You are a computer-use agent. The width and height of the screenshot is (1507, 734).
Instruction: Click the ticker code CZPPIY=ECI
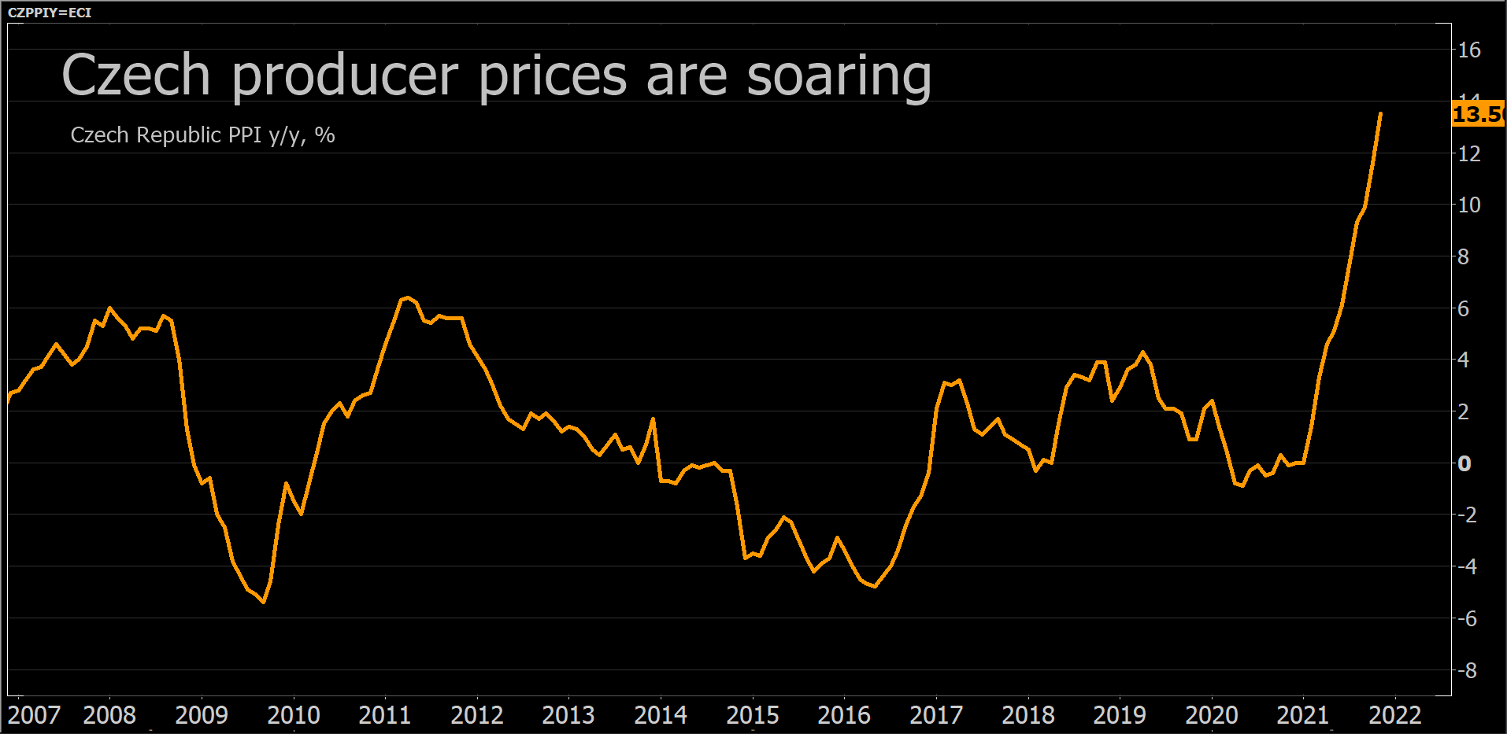point(49,13)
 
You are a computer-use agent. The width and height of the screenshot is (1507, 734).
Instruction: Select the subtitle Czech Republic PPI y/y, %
point(202,135)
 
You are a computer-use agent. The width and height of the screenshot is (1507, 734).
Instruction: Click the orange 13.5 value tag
point(1476,115)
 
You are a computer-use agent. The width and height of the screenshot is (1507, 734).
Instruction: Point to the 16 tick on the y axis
point(1468,50)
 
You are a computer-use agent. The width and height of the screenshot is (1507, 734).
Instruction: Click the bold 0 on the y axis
point(1464,463)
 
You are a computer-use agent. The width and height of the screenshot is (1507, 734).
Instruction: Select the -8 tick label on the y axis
point(1466,671)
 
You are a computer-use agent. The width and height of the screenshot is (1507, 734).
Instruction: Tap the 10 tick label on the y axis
point(1468,205)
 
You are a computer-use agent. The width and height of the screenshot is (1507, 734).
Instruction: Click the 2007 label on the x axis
point(34,715)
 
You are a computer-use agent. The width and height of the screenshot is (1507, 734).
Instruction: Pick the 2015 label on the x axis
point(752,715)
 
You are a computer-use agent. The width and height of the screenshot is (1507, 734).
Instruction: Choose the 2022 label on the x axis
point(1394,715)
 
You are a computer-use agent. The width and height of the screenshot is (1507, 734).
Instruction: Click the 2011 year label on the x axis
point(384,715)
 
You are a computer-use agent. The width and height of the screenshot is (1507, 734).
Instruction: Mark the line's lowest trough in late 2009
point(264,602)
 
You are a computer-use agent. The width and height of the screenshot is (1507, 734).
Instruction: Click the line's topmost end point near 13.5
point(1380,114)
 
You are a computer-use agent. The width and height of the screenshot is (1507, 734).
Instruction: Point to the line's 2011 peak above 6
point(406,297)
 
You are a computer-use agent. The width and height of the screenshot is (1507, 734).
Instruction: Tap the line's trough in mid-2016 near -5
point(875,586)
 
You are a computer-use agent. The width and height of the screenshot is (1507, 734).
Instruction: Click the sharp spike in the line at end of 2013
point(653,419)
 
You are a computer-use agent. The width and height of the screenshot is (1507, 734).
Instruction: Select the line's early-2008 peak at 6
point(109,308)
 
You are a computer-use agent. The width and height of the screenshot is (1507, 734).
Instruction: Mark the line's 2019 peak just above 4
point(1142,352)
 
